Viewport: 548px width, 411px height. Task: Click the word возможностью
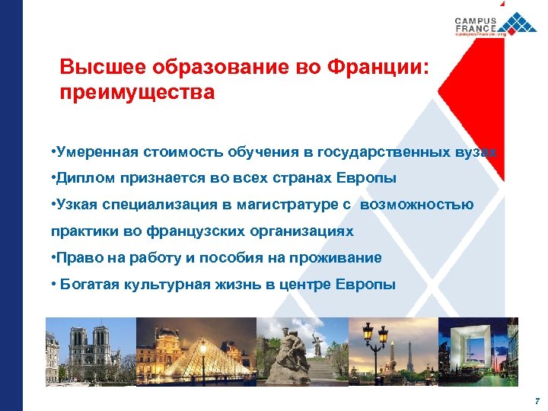(417, 205)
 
